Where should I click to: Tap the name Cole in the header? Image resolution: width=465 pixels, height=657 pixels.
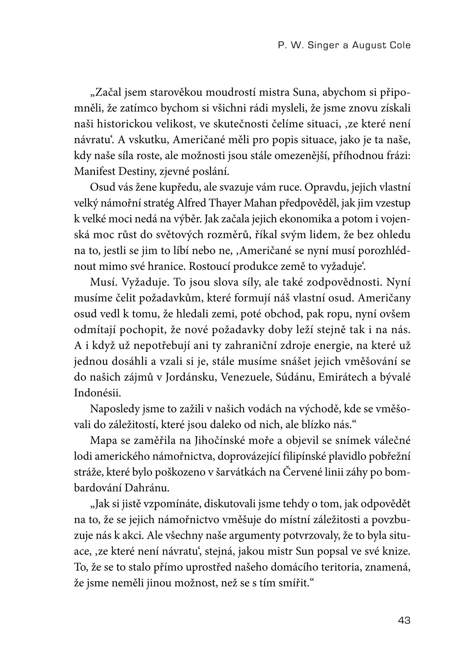[x=399, y=45]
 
